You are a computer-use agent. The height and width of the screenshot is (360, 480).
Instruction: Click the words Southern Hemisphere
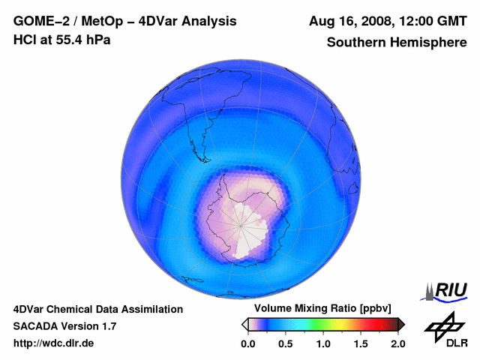(x=396, y=43)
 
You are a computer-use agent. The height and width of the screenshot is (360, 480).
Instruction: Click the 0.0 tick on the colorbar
(x=247, y=343)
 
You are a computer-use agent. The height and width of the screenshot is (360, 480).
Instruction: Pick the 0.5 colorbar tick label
(x=285, y=343)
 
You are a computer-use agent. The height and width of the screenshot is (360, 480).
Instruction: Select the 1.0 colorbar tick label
(x=322, y=343)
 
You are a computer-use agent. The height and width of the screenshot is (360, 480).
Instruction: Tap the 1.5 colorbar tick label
(x=360, y=343)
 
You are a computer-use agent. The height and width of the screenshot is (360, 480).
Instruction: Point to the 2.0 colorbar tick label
(x=397, y=343)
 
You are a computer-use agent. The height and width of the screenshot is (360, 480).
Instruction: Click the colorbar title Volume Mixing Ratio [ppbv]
(x=319, y=309)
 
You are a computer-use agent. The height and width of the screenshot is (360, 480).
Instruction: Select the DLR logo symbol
(x=442, y=325)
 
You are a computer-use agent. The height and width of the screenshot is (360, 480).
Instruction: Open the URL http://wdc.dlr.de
(x=54, y=343)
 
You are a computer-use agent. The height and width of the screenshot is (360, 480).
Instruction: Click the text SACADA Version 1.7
(x=64, y=326)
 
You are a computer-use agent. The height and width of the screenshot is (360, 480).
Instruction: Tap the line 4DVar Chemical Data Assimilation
(x=97, y=309)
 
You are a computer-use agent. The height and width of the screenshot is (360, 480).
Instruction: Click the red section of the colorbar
(x=371, y=324)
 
